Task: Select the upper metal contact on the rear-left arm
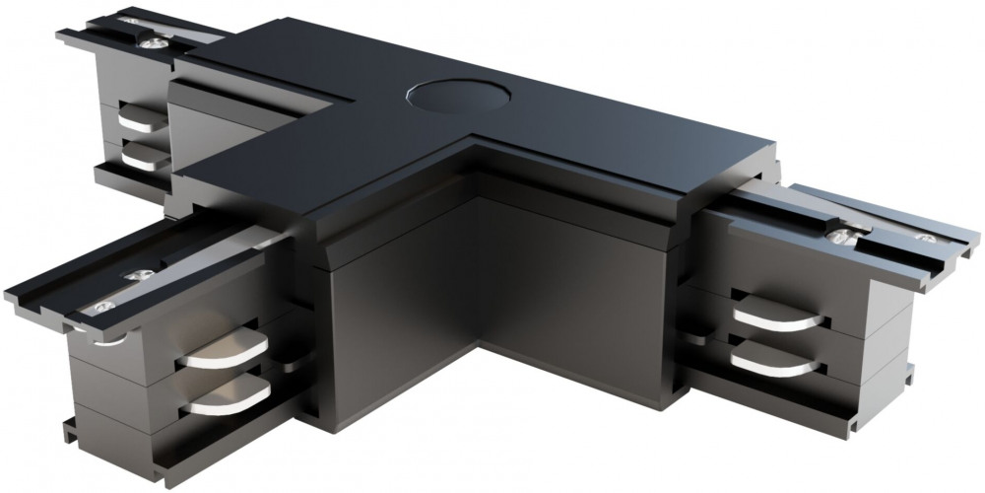pyautogui.click(x=142, y=119)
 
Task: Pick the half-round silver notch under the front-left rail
pyautogui.click(x=115, y=341)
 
